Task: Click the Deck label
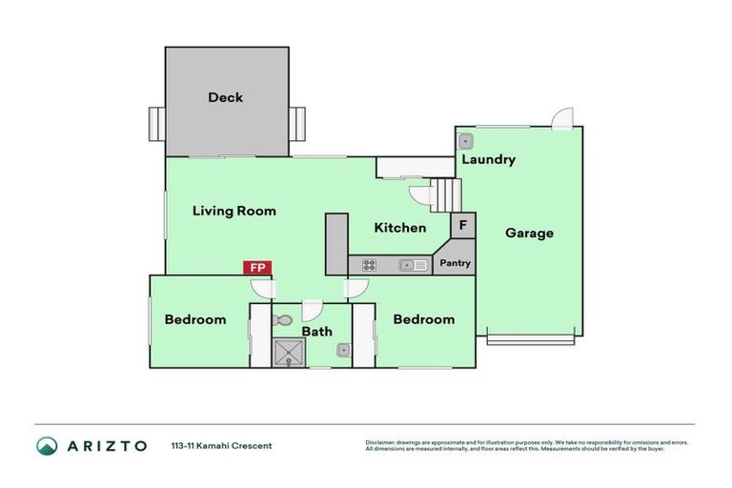click(225, 97)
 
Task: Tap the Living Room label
click(234, 211)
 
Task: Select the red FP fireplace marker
click(257, 268)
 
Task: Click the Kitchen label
click(399, 228)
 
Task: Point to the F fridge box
click(462, 226)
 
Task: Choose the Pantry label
click(455, 262)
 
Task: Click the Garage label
click(529, 233)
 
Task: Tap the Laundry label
click(488, 159)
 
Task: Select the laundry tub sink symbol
click(466, 141)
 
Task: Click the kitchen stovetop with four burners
click(369, 265)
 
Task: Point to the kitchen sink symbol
click(413, 265)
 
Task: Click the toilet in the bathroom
click(283, 320)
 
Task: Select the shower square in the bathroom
click(288, 354)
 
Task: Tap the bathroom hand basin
click(343, 351)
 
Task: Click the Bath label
click(317, 332)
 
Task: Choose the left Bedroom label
click(195, 319)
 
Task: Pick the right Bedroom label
click(423, 319)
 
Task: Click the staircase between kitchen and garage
click(445, 195)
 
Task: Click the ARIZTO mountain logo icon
click(47, 445)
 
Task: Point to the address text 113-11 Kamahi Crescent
click(221, 445)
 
